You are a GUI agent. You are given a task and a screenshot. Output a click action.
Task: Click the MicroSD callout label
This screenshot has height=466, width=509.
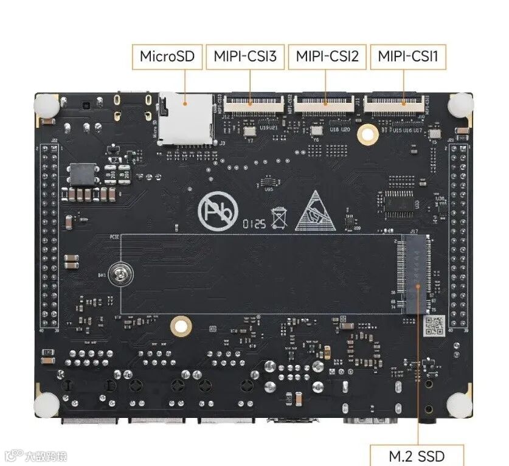[167, 57]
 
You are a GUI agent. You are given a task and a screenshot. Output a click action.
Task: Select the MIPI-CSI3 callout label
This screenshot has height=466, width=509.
[245, 57]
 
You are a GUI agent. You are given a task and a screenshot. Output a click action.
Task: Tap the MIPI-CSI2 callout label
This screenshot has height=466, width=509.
[327, 57]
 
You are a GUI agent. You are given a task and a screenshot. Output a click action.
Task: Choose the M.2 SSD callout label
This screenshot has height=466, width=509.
[417, 456]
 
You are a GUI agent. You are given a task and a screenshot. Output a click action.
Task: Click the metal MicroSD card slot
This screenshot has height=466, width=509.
[186, 120]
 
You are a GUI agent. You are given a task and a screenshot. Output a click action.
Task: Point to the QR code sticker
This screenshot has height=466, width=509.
[433, 326]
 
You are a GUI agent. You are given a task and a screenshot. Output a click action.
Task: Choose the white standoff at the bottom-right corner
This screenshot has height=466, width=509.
[460, 404]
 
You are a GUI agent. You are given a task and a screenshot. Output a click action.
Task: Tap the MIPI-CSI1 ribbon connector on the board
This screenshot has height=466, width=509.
[395, 105]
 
